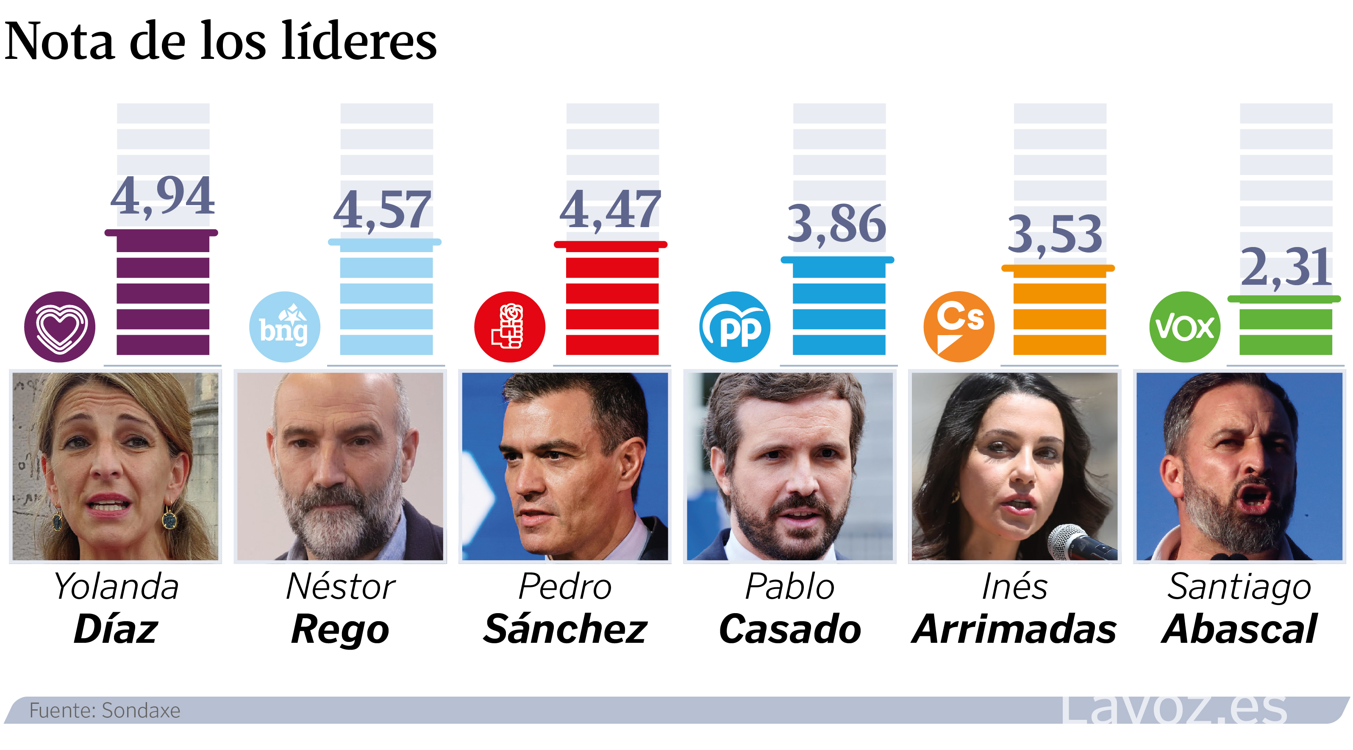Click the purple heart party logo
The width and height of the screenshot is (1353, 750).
click(60, 327)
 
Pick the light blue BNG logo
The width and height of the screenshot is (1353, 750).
click(285, 327)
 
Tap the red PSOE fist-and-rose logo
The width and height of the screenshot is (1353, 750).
click(509, 327)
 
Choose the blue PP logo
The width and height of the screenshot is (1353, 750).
click(735, 327)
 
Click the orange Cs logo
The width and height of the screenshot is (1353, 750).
click(959, 327)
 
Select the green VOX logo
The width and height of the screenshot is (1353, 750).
click(1185, 327)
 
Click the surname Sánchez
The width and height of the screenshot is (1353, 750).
click(565, 629)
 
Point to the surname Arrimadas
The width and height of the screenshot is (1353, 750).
click(1014, 629)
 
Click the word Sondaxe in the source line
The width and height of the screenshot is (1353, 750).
click(141, 711)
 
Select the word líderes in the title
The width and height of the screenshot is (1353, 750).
click(359, 41)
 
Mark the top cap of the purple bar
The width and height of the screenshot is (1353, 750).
click(161, 233)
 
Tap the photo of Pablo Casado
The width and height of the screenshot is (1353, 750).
click(790, 467)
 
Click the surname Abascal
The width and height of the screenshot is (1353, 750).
click(1239, 629)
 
